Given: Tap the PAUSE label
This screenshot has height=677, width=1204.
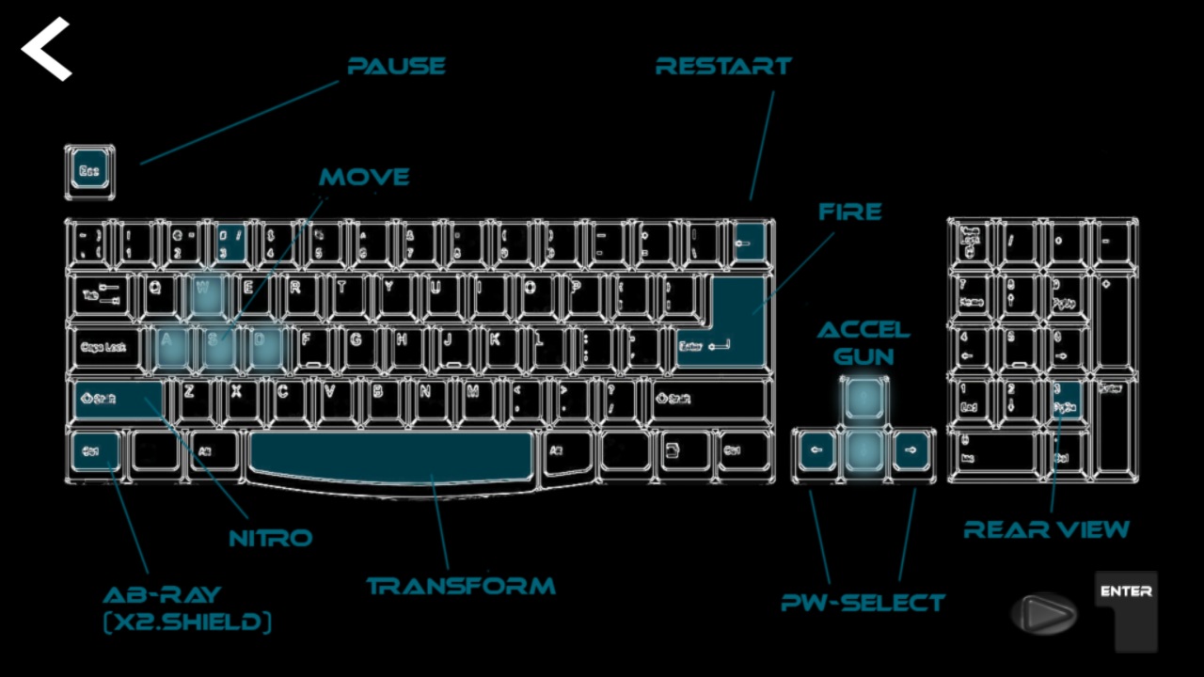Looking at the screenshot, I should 396,66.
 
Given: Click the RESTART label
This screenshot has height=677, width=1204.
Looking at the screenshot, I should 723,66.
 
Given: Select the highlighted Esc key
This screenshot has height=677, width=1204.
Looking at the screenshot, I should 89,171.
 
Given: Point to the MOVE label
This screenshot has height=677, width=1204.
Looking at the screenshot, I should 364,177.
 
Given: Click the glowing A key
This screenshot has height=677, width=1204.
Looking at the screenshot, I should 168,345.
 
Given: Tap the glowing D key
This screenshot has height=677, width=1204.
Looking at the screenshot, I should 263,345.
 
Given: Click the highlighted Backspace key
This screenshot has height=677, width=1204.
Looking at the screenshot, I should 749,241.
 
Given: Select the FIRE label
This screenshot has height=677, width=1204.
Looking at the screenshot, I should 849,213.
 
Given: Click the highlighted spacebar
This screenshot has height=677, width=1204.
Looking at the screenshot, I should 391,453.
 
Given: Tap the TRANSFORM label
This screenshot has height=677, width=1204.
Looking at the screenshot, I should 461,587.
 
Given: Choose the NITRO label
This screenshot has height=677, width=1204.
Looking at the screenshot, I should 271,538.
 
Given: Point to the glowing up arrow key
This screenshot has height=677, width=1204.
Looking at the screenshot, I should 863,399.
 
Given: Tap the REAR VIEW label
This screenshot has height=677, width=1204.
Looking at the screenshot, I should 1046,529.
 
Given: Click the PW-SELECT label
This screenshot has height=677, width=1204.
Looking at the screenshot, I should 863,602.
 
